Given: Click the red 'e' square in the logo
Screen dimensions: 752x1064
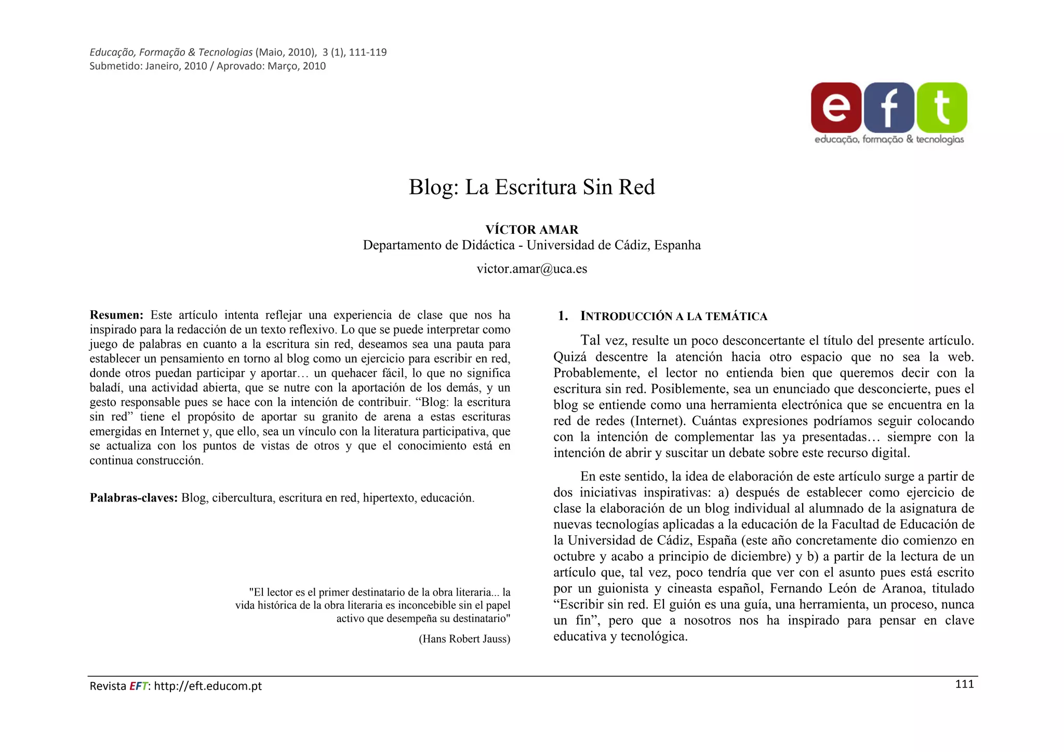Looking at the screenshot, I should point(836,108).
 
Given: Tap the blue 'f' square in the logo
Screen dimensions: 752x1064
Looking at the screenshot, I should point(889,108).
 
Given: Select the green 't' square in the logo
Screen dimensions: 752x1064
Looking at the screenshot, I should point(942,108).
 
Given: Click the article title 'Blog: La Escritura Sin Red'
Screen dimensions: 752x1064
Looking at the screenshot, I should point(531,187).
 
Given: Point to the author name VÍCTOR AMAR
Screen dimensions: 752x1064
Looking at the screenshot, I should point(531,230).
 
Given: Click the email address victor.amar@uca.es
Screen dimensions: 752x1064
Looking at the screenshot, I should point(531,269).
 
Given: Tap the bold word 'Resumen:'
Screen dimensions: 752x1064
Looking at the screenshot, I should point(116,315).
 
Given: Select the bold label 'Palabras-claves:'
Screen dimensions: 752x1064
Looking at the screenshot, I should point(134,498).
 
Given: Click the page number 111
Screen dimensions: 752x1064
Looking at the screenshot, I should point(964,684).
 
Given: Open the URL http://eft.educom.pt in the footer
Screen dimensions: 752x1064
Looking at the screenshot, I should point(208,686).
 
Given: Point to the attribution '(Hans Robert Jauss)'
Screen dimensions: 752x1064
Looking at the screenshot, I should point(464,639).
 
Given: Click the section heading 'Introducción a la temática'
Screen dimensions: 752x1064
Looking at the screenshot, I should point(673,316).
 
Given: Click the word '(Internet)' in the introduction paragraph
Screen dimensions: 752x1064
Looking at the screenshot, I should point(657,421).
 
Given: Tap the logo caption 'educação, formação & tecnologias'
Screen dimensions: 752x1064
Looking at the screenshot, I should point(889,139).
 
